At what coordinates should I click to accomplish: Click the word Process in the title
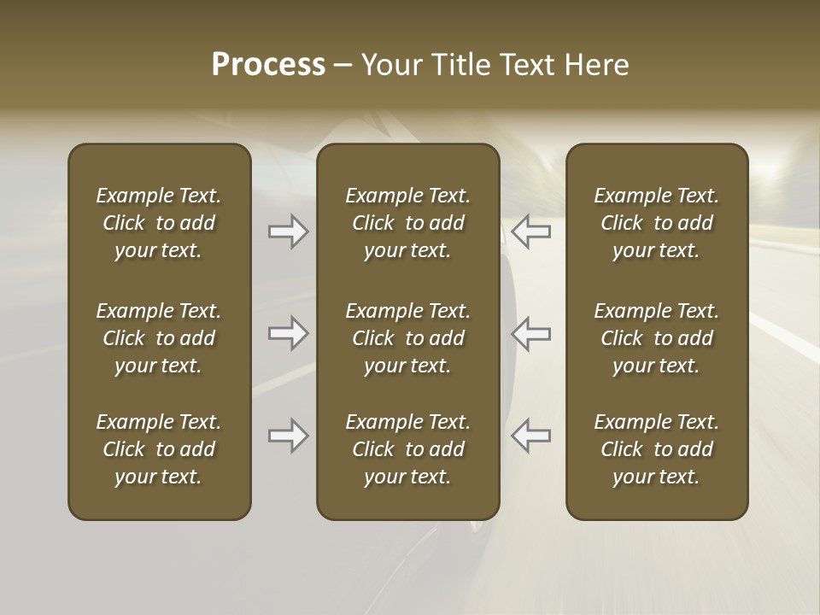point(268,65)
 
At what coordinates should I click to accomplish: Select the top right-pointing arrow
point(288,231)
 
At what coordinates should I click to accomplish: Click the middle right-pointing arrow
point(288,333)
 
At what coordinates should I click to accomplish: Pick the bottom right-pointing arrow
point(288,436)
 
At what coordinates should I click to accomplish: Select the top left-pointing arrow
point(530,231)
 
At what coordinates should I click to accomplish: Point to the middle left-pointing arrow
point(530,333)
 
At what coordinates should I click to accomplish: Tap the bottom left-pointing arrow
point(530,436)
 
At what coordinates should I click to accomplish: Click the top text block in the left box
point(159,223)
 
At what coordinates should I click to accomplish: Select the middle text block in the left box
point(159,338)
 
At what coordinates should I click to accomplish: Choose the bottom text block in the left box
point(159,449)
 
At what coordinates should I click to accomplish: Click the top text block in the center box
point(407,223)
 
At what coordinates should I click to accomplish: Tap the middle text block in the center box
point(407,338)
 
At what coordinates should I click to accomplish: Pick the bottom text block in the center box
point(407,449)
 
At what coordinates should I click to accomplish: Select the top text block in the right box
point(656,223)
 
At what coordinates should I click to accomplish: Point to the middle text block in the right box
point(656,338)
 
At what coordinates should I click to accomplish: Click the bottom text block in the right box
point(656,449)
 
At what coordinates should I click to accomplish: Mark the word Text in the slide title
point(526,65)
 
